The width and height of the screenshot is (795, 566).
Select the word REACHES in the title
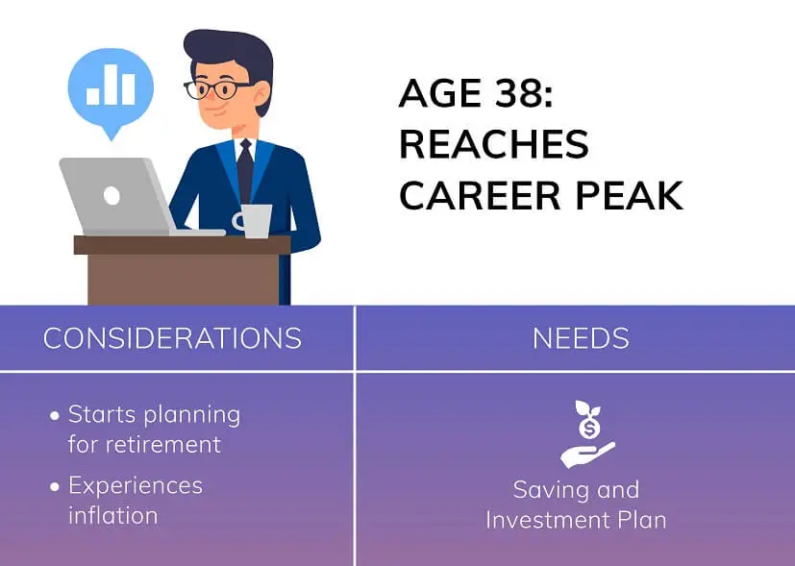[x=493, y=144]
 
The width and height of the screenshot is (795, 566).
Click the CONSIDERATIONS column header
[x=172, y=338]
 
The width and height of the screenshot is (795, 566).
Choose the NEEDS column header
[x=581, y=338]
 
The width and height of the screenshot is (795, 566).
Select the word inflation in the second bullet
[x=112, y=515]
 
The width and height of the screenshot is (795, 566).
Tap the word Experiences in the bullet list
[x=135, y=485]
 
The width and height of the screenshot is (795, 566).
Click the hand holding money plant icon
[x=586, y=434]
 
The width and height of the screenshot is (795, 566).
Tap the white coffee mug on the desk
[x=256, y=220]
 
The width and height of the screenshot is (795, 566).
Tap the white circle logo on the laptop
[x=112, y=196]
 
